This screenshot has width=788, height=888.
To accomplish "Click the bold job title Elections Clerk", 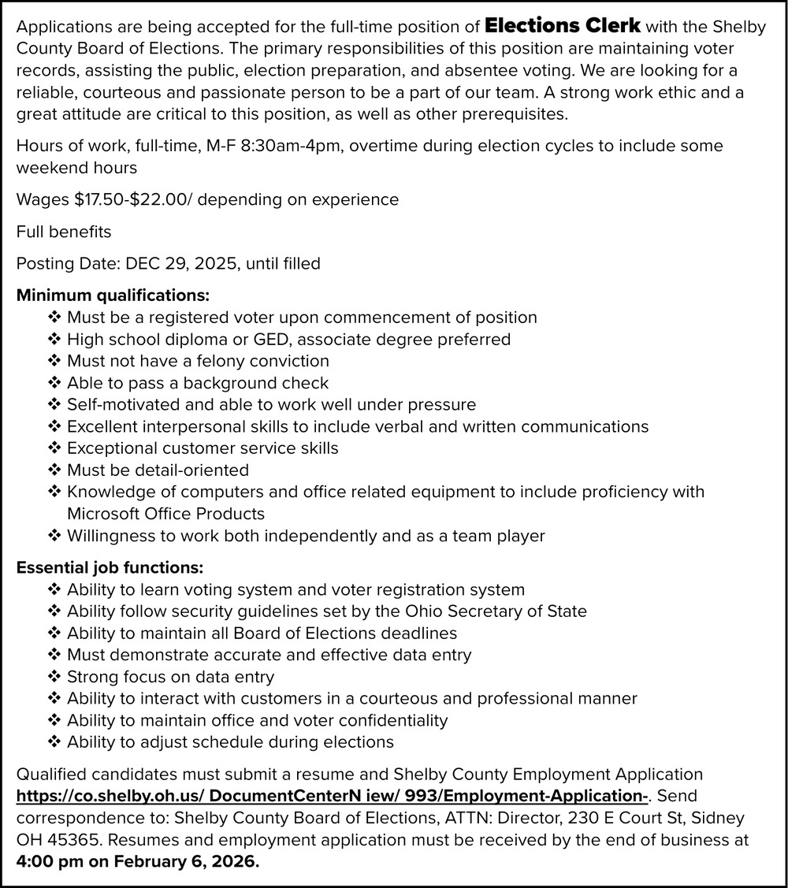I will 562,26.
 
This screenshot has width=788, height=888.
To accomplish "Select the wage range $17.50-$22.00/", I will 133,199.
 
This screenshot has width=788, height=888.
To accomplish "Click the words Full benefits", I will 64,232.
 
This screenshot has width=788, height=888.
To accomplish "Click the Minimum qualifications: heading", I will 113,296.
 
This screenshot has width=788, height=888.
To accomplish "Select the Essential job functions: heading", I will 110,567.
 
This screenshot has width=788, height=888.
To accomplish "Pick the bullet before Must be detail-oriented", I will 54,470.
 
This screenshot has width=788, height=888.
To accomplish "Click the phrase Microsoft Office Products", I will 165,514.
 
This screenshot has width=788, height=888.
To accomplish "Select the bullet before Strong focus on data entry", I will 54,677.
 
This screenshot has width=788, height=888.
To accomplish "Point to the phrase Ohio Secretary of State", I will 496,611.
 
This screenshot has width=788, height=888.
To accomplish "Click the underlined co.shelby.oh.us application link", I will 332,797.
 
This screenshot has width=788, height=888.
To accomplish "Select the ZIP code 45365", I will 72,841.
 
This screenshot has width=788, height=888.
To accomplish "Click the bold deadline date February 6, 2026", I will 185,862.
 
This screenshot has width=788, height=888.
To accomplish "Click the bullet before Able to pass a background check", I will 54,383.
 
